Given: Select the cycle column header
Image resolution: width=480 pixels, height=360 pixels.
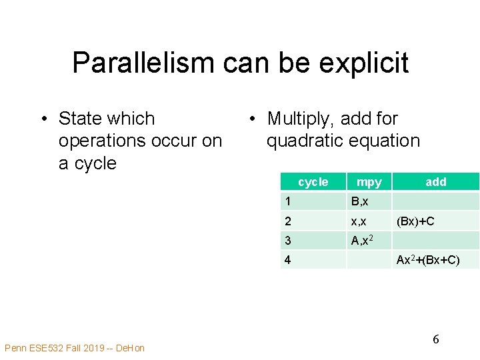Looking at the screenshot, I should pos(313,182).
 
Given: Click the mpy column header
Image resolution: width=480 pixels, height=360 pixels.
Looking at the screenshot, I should pos(369,182).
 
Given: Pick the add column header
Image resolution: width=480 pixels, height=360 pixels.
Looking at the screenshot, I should pos(435,182).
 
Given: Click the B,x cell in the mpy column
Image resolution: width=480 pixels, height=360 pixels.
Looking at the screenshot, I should pos(360,201).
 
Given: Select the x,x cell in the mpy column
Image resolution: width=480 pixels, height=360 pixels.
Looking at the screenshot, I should pos(359,221).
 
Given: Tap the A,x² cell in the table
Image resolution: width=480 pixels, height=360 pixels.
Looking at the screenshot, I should pos(362,241).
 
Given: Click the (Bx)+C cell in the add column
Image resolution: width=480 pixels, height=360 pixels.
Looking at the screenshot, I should pos(415,221).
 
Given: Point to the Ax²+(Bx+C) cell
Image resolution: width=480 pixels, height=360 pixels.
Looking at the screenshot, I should pos(428,260).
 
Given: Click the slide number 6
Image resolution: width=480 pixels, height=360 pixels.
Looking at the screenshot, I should pos(435,339).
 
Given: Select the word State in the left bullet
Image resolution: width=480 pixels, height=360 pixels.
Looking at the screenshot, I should pos(82,119).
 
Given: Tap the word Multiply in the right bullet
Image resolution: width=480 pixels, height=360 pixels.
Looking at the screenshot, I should pos(301,119).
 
